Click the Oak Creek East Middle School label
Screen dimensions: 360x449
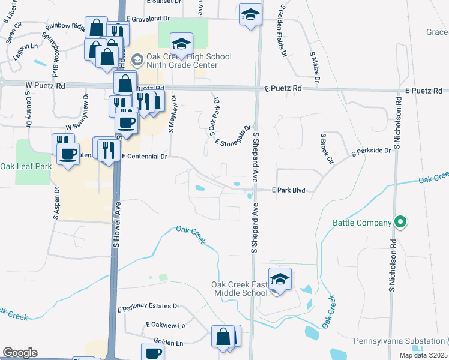(239, 289)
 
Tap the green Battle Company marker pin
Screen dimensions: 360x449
(400, 223)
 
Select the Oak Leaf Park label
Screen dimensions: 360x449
(25, 166)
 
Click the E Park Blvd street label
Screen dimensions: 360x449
(289, 190)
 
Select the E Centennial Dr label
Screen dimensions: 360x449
(143, 156)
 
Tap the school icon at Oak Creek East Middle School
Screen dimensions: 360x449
(279, 278)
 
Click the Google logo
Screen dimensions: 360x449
(20, 353)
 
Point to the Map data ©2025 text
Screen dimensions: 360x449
(423, 355)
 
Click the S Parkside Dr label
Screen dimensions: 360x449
(371, 151)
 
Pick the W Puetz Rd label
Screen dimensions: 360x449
(44, 86)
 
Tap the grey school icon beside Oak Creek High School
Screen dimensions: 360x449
(137, 59)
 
